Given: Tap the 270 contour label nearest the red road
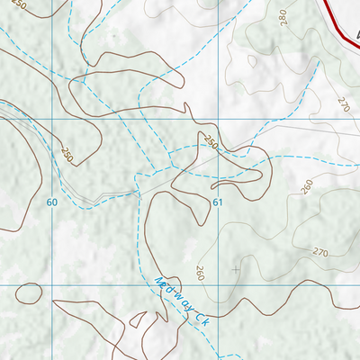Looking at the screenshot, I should tap(343, 103).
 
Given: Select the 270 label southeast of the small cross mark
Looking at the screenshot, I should tap(320, 251).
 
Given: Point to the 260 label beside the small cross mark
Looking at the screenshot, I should tap(200, 274).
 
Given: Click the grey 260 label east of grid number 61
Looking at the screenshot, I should tap(307, 186).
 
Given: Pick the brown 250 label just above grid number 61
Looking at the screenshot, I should tap(211, 143).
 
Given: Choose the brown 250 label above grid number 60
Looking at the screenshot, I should tap(67, 154).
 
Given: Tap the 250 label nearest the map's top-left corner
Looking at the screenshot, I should tap(20, 7).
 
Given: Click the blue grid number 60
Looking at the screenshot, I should tap(52, 202).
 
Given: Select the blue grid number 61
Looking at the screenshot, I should tap(218, 202).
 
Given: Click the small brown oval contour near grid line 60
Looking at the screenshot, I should tap(29, 292).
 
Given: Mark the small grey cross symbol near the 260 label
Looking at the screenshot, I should tap(237, 269).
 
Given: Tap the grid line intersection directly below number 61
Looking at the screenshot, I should tap(218, 284).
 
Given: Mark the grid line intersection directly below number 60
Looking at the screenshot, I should tap(52, 284).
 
